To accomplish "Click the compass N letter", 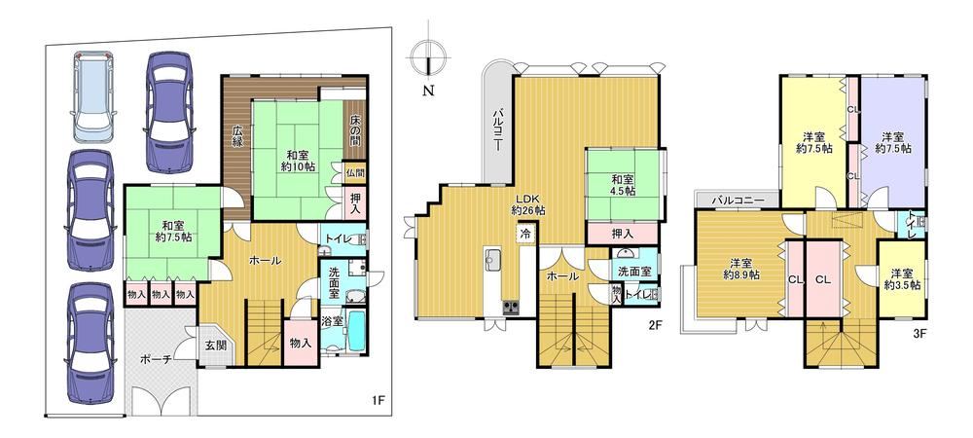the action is click(428, 91).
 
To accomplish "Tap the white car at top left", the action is click(93, 96).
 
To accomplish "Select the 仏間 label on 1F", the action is click(355, 173).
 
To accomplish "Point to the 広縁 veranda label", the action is click(237, 136).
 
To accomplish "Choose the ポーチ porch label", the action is click(154, 359).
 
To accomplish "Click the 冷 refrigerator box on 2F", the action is click(525, 235).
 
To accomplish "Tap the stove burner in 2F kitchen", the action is click(512, 308).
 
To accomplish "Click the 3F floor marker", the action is click(919, 333).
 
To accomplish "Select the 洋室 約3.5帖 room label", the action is click(902, 279).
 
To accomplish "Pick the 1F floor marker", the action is click(379, 400).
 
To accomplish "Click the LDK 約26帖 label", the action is click(528, 204).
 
